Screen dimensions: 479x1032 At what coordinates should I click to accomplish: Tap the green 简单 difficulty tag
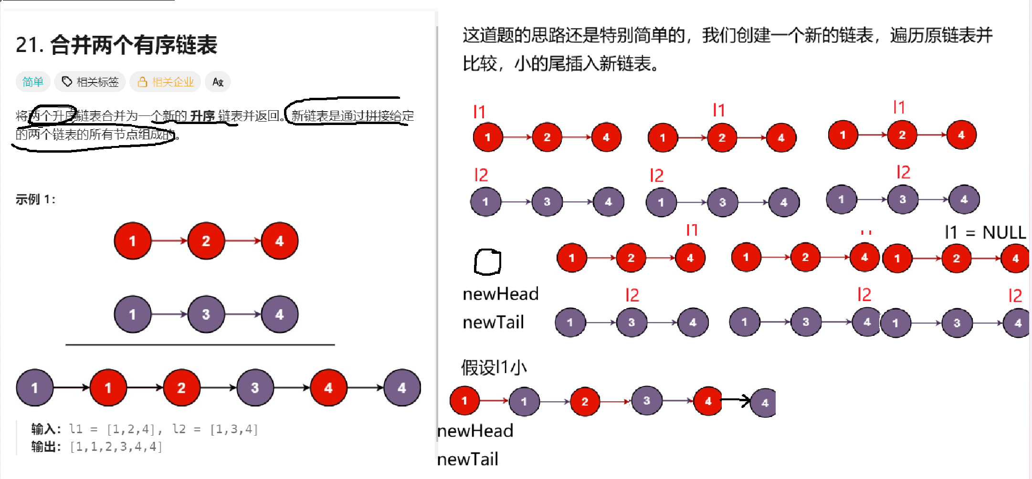[x=32, y=82]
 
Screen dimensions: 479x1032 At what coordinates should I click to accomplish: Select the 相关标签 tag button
[x=90, y=82]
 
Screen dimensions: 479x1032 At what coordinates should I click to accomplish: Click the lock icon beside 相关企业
[x=142, y=82]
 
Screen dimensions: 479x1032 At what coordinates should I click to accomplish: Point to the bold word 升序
[x=202, y=116]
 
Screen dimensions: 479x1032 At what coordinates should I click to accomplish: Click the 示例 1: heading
[x=35, y=199]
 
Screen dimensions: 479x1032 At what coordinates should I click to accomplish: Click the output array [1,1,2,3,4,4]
[x=116, y=447]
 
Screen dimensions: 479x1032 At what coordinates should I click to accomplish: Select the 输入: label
[x=46, y=429]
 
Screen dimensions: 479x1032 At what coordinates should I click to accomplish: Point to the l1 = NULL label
[x=985, y=233]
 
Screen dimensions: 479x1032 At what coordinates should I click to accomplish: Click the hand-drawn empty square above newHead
[x=487, y=262]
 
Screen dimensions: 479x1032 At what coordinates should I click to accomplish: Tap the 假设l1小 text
[x=494, y=367]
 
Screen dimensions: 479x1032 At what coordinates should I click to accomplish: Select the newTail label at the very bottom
[x=468, y=459]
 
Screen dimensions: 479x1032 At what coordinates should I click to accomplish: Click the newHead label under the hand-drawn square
[x=500, y=294]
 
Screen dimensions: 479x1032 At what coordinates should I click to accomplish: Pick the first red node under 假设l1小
[x=464, y=401]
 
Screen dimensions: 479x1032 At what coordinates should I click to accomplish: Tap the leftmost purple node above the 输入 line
[x=34, y=387]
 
